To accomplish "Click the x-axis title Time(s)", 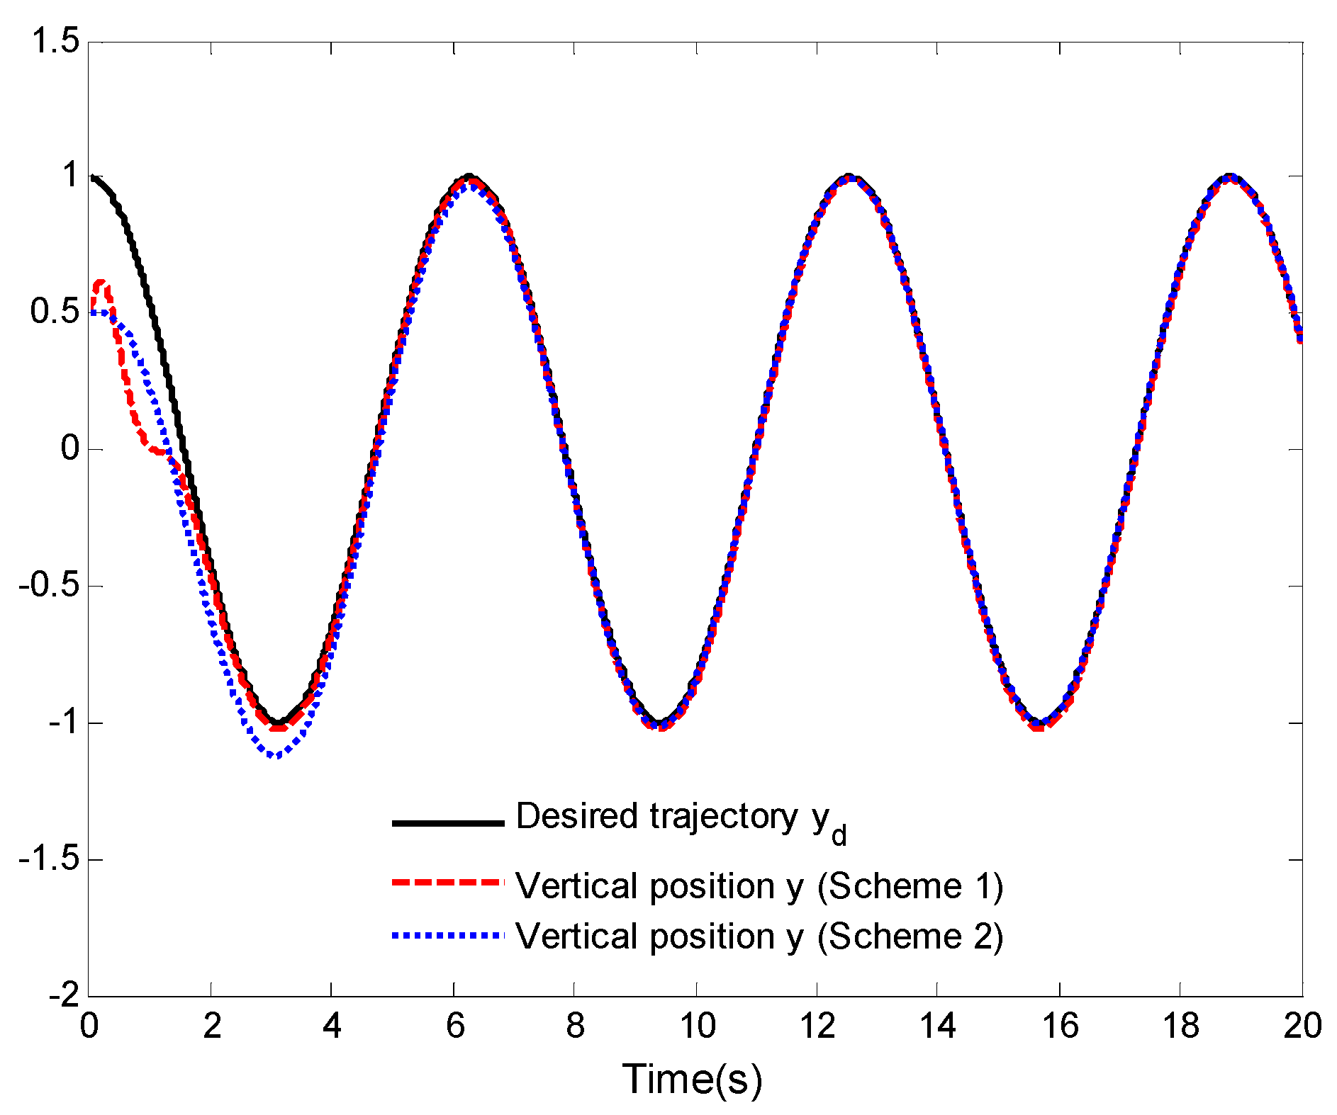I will pyautogui.click(x=693, y=1079).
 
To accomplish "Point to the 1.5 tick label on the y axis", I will pyautogui.click(x=55, y=42).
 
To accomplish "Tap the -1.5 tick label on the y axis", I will pyautogui.click(x=49, y=859).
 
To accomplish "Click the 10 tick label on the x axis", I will pyautogui.click(x=698, y=1026).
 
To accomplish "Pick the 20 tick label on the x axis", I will pyautogui.click(x=1302, y=1026).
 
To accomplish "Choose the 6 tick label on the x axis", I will pyautogui.click(x=454, y=1026).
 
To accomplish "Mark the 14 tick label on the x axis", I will pyautogui.click(x=937, y=1026).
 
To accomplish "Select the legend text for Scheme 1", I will pyautogui.click(x=759, y=886).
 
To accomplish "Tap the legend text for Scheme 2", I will pyautogui.click(x=759, y=936).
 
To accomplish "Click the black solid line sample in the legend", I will pyautogui.click(x=447, y=823).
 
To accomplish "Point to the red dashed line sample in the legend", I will pyautogui.click(x=447, y=883).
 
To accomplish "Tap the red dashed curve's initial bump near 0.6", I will pyautogui.click(x=101, y=283).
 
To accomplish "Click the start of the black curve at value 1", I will pyautogui.click(x=92, y=177).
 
